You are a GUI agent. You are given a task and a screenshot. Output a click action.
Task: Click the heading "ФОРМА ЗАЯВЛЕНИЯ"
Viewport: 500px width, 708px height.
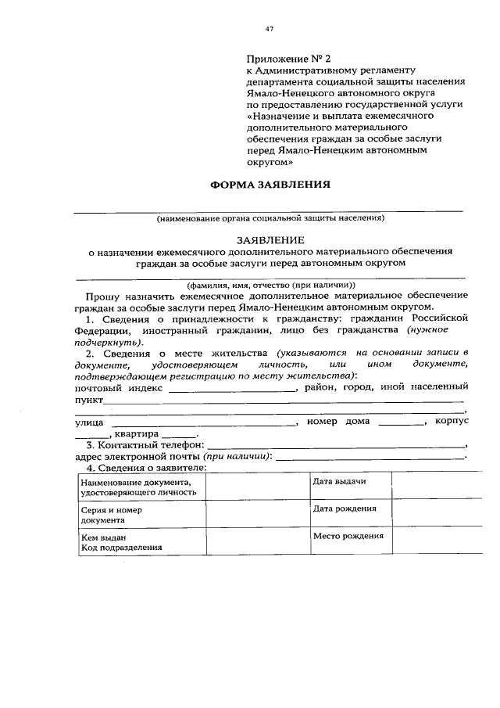tap(270, 186)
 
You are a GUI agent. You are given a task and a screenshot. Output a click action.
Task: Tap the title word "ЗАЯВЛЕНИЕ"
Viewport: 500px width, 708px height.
tap(270, 239)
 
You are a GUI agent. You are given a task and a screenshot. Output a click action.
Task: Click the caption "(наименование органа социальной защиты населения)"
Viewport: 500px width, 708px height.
tap(270, 218)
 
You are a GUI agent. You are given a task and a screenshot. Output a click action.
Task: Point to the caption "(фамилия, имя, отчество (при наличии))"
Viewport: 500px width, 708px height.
tap(270, 285)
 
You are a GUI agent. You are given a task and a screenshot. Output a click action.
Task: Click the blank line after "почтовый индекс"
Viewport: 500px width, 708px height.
tap(233, 388)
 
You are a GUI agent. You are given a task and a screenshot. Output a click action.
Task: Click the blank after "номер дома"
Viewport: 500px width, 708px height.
tap(399, 422)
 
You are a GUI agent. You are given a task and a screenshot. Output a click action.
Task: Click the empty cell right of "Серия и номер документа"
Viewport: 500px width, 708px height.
tap(256, 515)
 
